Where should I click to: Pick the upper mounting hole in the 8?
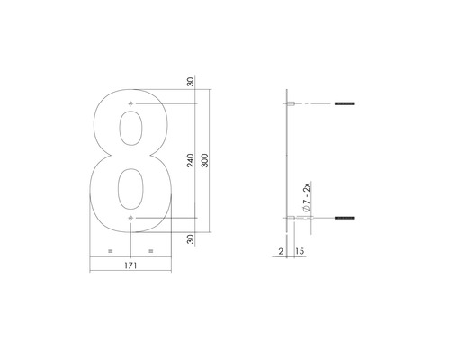coord(132,107)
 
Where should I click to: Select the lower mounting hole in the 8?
coord(132,219)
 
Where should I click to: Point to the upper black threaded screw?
coord(346,107)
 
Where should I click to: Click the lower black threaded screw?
coord(346,219)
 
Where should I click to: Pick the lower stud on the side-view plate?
coord(292,219)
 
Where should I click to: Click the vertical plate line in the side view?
coord(285,162)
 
